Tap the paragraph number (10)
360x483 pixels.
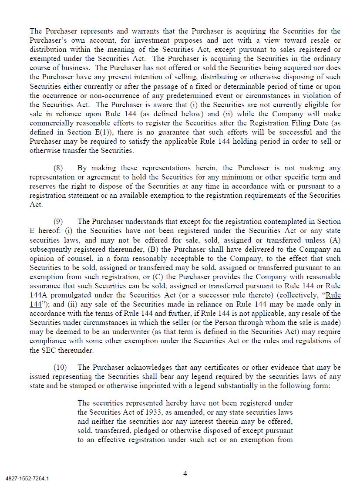coord(61,368)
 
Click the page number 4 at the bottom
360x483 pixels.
coord(185,473)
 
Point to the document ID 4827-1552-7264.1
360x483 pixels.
coord(27,479)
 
